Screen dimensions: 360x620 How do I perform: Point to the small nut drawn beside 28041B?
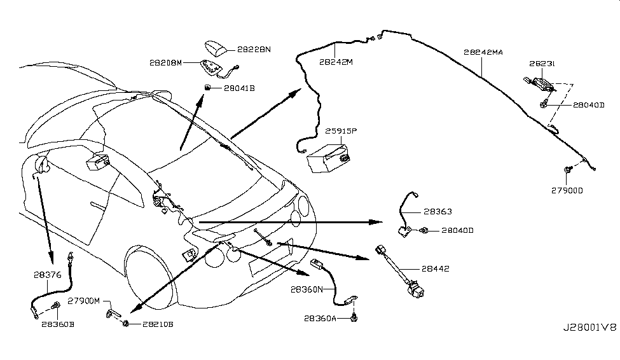208,87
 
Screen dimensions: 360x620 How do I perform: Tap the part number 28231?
542,64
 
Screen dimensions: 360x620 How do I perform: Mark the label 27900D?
567,190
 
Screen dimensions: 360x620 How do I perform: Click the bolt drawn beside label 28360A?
355,315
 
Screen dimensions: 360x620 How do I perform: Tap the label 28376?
48,275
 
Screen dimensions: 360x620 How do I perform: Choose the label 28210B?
156,324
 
